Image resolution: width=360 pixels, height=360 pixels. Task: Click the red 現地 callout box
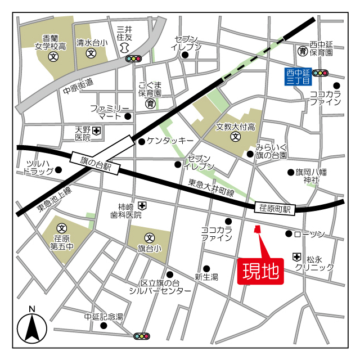pos(260,272)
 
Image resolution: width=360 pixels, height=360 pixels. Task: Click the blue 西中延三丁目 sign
pos(298,76)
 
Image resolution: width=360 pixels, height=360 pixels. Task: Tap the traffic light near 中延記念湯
pos(142,336)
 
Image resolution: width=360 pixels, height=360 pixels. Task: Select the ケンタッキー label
pos(170,140)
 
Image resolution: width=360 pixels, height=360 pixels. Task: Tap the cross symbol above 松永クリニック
pos(296,256)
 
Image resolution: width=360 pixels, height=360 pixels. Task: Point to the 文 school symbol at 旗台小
pos(149,237)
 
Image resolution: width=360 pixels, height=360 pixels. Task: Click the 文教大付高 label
pos(236,127)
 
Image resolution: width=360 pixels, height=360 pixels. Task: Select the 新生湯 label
pos(206,276)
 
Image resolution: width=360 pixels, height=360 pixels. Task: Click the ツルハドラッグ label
pos(39,168)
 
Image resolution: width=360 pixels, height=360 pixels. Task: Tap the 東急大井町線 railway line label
pos(211,188)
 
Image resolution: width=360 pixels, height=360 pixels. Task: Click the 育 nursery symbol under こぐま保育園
pos(150,103)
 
